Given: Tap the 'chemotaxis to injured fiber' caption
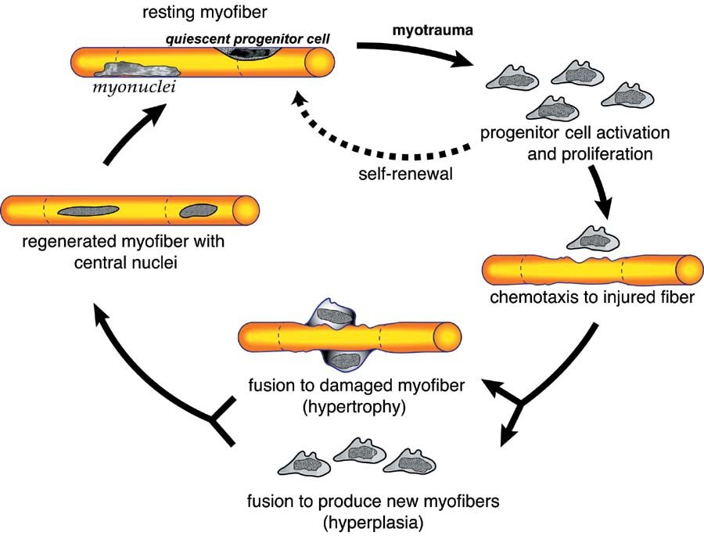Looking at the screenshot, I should (593, 298).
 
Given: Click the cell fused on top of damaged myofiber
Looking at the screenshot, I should (336, 316).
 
